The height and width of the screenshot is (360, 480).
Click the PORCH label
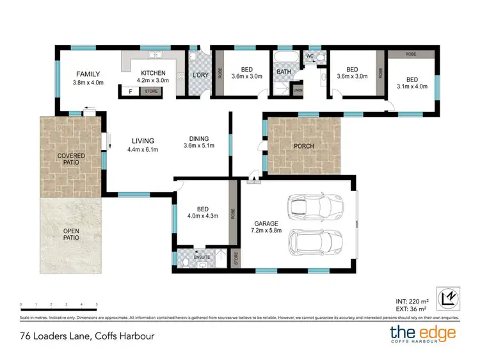click(303, 146)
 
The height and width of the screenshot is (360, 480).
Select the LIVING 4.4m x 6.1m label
click(142, 145)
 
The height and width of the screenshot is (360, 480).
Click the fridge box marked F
click(131, 92)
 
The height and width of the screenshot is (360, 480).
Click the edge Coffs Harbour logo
click(423, 334)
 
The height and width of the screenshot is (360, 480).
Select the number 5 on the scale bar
click(97, 304)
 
